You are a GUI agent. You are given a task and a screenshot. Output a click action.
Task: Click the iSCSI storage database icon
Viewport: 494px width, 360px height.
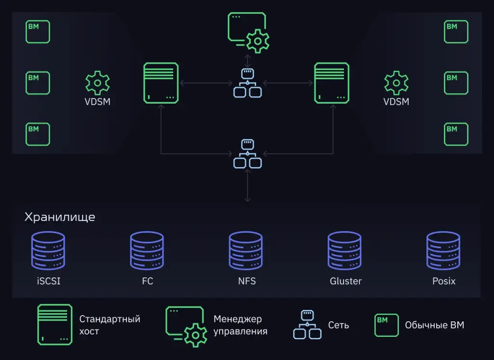[x=48, y=250]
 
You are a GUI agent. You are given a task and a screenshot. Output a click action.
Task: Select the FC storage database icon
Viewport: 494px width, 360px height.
[x=147, y=250]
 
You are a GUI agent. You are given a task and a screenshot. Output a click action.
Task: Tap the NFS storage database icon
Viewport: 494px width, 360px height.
[x=246, y=250]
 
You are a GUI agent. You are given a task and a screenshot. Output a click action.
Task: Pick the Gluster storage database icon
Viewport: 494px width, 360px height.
[x=344, y=250]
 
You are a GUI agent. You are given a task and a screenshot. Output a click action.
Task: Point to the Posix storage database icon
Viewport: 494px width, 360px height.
[x=443, y=250]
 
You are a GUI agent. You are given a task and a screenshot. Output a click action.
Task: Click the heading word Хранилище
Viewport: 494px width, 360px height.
[x=60, y=217]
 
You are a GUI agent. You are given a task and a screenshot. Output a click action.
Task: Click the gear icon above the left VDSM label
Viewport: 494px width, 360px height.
[x=97, y=83]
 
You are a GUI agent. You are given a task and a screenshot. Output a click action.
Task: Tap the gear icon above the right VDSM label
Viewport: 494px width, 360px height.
[x=396, y=83]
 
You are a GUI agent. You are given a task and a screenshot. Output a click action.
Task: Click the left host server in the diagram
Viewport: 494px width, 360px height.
[x=161, y=83]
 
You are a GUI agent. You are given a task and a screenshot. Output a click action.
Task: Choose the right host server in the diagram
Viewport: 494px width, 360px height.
[x=332, y=83]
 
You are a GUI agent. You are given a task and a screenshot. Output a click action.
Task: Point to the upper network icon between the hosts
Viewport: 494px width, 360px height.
[x=247, y=83]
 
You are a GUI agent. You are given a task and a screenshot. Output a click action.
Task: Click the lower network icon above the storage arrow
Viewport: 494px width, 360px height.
[x=247, y=154]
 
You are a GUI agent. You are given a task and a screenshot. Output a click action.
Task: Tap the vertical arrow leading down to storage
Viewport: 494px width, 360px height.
[x=247, y=186]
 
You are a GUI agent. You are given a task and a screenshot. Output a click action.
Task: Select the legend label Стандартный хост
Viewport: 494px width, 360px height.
[x=110, y=325]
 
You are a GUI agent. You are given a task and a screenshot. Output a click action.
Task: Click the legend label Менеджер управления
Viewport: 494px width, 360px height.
[x=240, y=325]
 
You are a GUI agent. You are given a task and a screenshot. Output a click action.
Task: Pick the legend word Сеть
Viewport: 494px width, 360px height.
[x=338, y=325]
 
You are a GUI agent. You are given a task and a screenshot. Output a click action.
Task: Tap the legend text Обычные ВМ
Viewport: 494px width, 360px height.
[x=434, y=325]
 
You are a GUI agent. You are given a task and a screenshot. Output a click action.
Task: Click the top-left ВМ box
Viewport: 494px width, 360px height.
[x=38, y=32]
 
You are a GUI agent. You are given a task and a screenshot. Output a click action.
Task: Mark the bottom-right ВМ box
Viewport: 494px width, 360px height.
[x=456, y=134]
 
